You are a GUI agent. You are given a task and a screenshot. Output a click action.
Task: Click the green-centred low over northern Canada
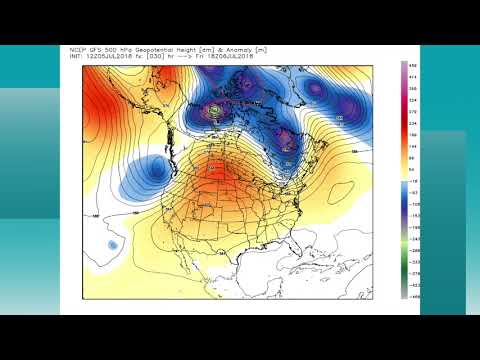coord(215,109)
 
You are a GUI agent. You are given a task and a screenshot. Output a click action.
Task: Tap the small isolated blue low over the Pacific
coord(113,244)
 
